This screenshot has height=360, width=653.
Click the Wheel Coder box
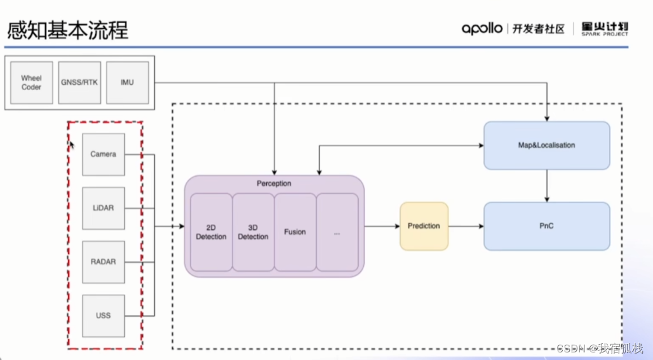click(x=31, y=83)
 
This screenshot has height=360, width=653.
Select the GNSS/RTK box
click(x=79, y=83)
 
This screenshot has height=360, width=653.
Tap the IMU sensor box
click(x=127, y=83)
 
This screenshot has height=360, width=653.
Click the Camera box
click(x=104, y=154)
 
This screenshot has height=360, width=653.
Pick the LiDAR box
click(x=104, y=208)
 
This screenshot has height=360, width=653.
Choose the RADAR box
click(x=104, y=262)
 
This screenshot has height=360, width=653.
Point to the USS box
click(x=104, y=316)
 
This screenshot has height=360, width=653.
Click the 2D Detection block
click(x=211, y=232)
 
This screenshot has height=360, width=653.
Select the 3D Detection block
click(x=253, y=232)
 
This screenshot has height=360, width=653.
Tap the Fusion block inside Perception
click(x=295, y=232)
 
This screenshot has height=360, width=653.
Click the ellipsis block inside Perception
click(x=337, y=232)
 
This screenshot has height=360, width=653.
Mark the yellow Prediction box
click(x=424, y=226)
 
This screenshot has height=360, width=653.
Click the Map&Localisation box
click(x=546, y=145)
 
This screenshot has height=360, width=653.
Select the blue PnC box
click(x=546, y=226)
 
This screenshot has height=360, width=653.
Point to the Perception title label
click(x=274, y=183)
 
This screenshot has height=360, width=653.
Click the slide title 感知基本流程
click(x=67, y=30)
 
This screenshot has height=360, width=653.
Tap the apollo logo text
click(x=482, y=29)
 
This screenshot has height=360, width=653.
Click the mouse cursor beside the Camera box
click(x=72, y=145)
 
